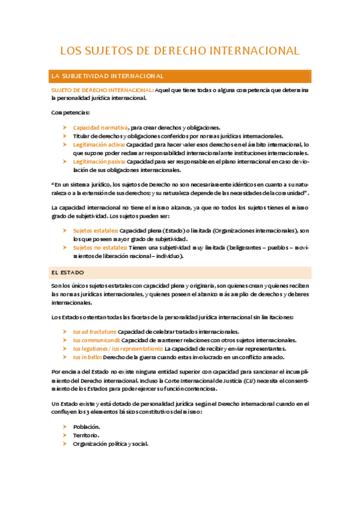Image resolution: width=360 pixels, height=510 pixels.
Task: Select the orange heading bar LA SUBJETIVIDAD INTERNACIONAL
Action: tap(181, 76)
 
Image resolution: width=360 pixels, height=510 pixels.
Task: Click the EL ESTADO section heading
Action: tap(68, 272)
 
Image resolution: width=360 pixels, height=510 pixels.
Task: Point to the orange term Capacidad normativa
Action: tap(100, 127)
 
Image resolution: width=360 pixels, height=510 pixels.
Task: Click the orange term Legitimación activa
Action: tap(99, 144)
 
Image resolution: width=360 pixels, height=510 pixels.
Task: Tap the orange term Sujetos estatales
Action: tap(96, 230)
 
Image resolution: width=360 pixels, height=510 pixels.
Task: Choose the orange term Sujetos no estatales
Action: tap(100, 247)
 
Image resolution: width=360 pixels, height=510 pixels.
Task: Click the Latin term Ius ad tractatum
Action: tap(94, 331)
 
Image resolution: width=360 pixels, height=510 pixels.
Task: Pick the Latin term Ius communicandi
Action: tap(96, 340)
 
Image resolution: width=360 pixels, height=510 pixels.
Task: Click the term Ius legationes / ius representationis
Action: tap(118, 348)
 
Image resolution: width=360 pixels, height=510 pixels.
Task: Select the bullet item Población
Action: tap(87, 426)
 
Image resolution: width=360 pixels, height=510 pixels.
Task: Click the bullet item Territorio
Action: tap(87, 435)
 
